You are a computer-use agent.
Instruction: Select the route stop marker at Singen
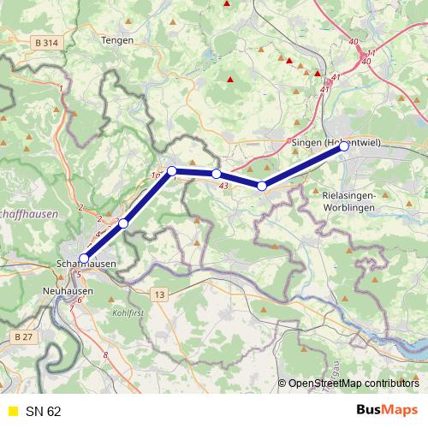pyautogui.click(x=343, y=146)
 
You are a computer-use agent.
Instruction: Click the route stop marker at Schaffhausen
pyautogui.click(x=84, y=259)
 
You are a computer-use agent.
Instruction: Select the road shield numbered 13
pyautogui.click(x=159, y=294)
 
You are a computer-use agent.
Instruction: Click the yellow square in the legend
pyautogui.click(x=12, y=411)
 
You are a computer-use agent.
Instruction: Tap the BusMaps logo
pyautogui.click(x=387, y=410)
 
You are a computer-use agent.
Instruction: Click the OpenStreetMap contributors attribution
pyautogui.click(x=352, y=383)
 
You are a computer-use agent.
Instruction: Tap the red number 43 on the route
pyautogui.click(x=223, y=185)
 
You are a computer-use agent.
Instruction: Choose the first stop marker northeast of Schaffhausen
pyautogui.click(x=123, y=223)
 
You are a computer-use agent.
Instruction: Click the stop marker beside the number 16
pyautogui.click(x=172, y=170)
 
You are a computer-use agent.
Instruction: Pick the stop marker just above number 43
pyautogui.click(x=217, y=174)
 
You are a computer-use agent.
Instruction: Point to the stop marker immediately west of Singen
pyautogui.click(x=262, y=186)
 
